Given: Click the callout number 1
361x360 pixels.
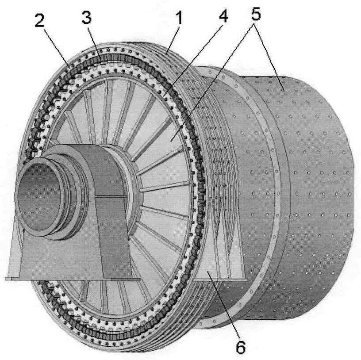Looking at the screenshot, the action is click(x=179, y=18).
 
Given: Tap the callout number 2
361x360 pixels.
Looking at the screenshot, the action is click(x=39, y=20).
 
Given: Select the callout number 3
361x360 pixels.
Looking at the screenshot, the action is click(x=87, y=17).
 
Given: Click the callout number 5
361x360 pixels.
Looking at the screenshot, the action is click(x=256, y=13).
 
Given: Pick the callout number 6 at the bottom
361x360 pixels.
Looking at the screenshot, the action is click(x=241, y=347).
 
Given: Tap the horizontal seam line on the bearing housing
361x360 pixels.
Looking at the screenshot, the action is click(x=111, y=196).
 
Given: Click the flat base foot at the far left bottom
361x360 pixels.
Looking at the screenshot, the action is click(x=12, y=279).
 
